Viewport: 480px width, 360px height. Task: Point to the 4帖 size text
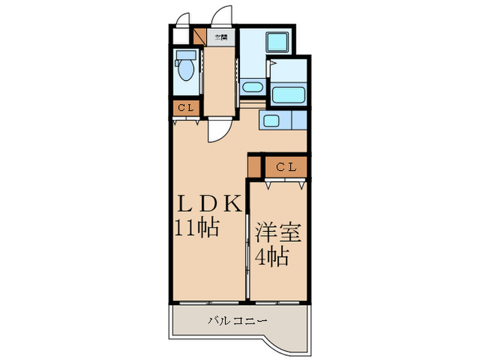tap(272, 258)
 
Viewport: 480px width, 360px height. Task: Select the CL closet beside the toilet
tap(186, 108)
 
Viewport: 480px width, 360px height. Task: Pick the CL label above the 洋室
tap(286, 167)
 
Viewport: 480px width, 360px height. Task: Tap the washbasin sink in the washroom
tap(252, 87)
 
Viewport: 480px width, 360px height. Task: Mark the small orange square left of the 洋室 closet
tap(255, 167)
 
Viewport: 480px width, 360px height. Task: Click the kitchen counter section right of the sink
tap(299, 122)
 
